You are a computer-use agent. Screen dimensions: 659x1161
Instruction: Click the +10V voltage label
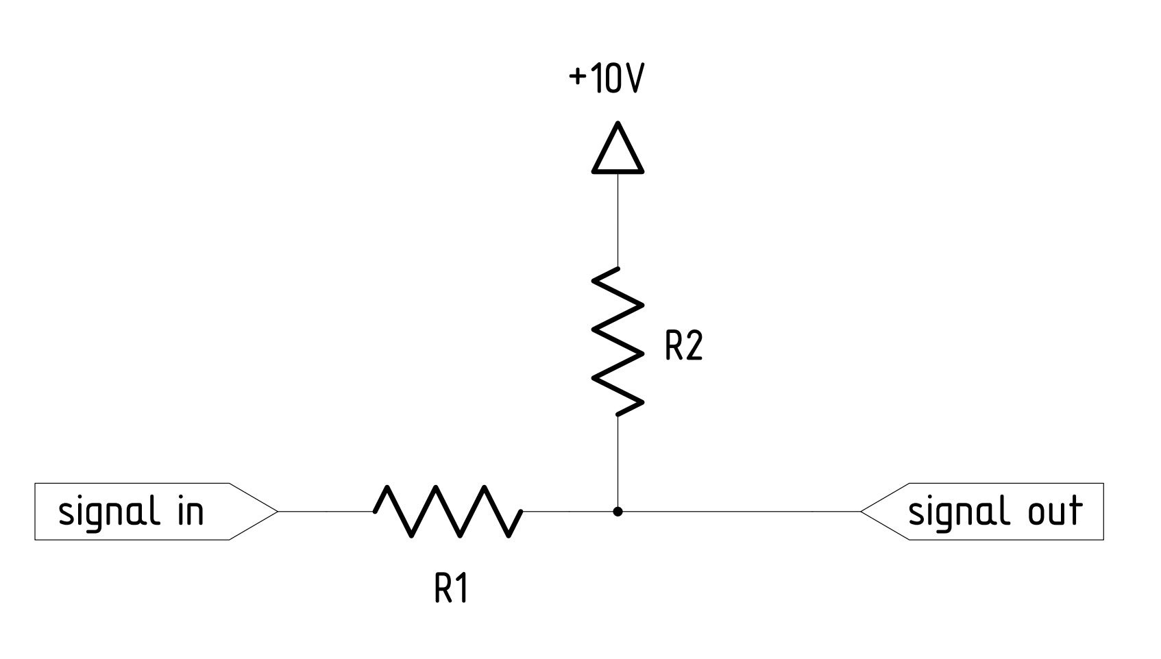click(x=607, y=79)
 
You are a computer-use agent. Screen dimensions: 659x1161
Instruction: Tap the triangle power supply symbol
click(x=618, y=150)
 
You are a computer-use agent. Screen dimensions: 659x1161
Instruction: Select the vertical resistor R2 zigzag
click(x=618, y=341)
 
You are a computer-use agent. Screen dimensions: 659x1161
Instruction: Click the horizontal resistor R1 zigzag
click(x=448, y=511)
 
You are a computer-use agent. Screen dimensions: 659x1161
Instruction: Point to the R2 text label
click(x=683, y=346)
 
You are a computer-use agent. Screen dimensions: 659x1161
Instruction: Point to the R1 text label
click(x=451, y=588)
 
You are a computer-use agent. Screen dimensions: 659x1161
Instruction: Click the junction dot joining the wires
click(x=618, y=511)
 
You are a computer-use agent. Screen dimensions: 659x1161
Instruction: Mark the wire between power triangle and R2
click(x=618, y=219)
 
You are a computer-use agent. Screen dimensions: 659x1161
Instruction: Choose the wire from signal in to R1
click(x=326, y=511)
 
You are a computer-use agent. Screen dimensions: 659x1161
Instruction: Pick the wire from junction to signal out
click(x=740, y=511)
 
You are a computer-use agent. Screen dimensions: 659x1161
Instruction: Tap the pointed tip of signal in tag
click(x=276, y=511)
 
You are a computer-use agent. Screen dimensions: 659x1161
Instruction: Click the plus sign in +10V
click(x=578, y=78)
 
